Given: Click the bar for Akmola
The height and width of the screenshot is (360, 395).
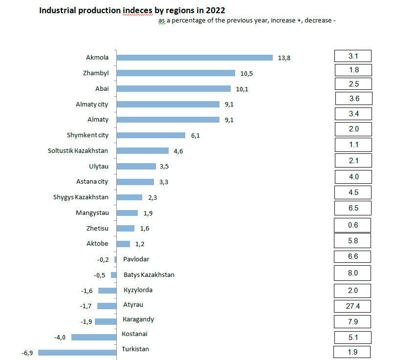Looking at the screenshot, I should click(x=195, y=58).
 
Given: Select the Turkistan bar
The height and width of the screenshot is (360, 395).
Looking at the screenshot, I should click(x=77, y=352).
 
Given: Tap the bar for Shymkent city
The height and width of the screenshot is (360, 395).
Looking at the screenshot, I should click(x=151, y=135).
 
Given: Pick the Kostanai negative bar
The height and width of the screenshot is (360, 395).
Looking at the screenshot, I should click(x=94, y=337).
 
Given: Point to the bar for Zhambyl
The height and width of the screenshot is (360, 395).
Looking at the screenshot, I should click(x=176, y=73).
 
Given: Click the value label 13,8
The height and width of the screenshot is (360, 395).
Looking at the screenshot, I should click(x=284, y=58).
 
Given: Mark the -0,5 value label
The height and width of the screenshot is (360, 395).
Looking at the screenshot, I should click(x=100, y=275).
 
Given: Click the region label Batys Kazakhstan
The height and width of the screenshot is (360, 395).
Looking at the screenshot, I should click(x=149, y=275).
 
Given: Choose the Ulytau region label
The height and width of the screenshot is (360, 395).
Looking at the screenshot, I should click(x=98, y=166).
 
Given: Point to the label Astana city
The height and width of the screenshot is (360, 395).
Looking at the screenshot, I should click(x=92, y=182).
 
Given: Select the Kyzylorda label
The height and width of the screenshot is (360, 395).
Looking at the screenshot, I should click(x=138, y=290).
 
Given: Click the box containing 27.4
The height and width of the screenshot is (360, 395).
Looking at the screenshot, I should click(x=352, y=306).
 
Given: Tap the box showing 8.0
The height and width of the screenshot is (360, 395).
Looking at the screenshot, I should click(x=352, y=273).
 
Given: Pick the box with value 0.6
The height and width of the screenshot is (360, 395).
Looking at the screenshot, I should click(x=352, y=225).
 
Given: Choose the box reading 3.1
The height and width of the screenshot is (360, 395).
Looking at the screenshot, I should click(x=353, y=56).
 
